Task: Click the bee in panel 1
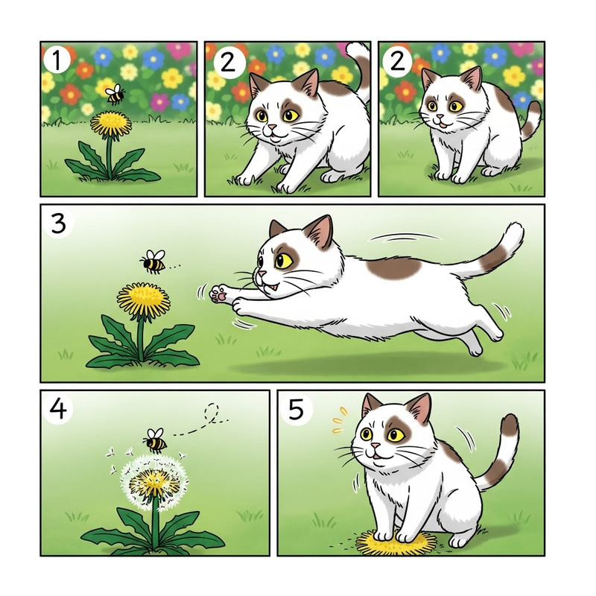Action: pos(115,94)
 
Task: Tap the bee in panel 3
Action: pos(153,261)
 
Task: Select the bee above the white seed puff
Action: pos(155,440)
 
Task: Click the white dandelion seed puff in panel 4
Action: pos(152,484)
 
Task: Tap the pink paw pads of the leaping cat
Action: pos(218,294)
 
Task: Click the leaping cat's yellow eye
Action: pos(284,260)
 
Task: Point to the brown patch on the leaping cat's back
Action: pos(395,267)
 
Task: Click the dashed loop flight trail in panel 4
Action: pos(212,413)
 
